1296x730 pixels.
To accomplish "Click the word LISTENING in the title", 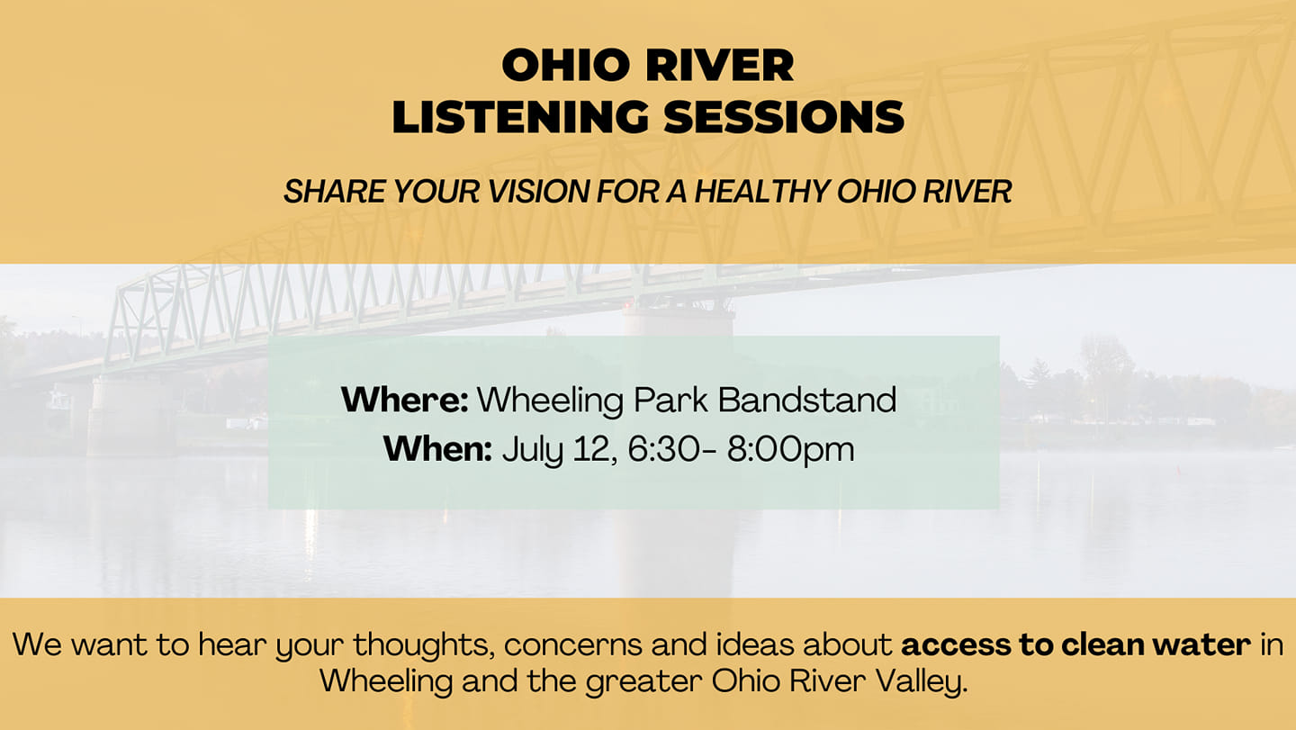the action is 520,117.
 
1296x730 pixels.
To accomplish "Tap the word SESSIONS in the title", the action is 784,117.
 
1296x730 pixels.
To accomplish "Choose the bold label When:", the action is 437,449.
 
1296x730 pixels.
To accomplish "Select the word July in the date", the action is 532,451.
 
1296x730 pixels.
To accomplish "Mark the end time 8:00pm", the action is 790,451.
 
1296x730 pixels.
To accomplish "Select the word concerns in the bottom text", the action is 573,645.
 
